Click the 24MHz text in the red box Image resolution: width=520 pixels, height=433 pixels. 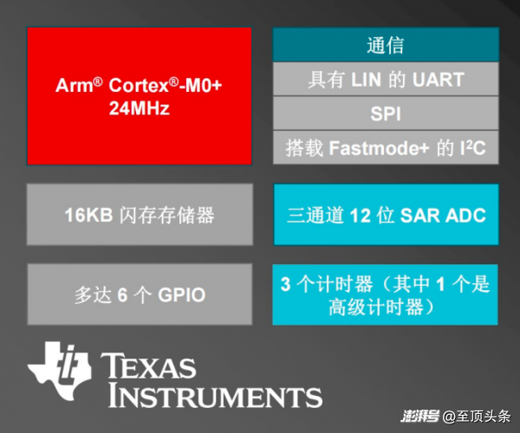pos(140,108)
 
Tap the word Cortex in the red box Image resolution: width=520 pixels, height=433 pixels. pos(139,86)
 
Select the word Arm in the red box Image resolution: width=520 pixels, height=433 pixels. pos(75,86)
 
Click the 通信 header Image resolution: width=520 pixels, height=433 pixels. pos(386,45)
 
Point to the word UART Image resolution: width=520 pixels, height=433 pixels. pos(438,80)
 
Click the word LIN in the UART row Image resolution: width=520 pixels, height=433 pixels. pos(366,80)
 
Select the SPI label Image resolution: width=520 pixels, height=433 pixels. pos(386,113)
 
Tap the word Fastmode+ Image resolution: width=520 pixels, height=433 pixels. pos(379,148)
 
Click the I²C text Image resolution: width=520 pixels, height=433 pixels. pos(472,148)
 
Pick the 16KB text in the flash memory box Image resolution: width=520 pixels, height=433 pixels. pos(88,215)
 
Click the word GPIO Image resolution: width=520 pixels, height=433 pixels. pos(181,294)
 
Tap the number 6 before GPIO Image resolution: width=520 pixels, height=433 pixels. pos(122,294)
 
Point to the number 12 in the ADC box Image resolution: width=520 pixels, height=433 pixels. pos(361,216)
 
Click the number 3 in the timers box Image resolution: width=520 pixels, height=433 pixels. pos(285,284)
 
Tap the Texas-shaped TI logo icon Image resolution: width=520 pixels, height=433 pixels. pos(60,371)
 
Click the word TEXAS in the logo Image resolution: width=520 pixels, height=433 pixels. pos(148,365)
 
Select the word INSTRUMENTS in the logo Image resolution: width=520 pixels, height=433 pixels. pos(215,395)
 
